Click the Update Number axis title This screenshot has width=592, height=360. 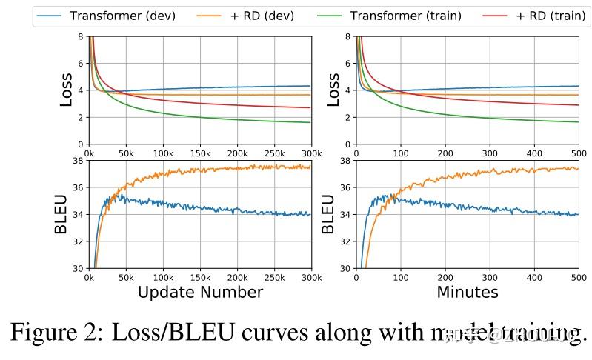click(200, 292)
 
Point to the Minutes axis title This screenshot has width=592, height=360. click(467, 292)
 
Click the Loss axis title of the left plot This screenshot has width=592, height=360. click(67, 90)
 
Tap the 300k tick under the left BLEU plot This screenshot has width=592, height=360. click(311, 278)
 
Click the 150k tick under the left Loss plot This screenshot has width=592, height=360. click(200, 153)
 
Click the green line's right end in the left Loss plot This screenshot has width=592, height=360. click(310, 122)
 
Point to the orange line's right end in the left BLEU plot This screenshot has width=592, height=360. click(310, 167)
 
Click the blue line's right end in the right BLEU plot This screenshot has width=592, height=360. click(577, 215)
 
